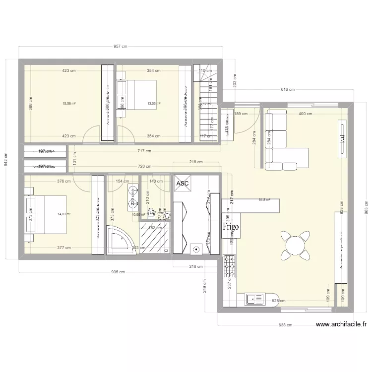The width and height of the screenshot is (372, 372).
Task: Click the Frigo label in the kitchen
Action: point(231,227)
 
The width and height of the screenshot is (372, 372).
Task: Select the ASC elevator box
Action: point(182,184)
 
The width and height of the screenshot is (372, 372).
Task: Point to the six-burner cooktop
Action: point(230,266)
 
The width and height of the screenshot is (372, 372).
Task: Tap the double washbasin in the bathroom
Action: point(132,196)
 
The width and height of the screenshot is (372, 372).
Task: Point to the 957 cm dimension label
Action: point(121,47)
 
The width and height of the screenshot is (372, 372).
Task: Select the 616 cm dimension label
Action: point(288,90)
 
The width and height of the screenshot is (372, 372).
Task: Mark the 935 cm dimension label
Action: point(118,272)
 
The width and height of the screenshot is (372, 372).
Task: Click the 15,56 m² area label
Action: point(68,104)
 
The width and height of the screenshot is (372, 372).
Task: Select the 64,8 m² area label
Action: point(265,200)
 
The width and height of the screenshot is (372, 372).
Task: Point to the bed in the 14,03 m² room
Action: point(46,214)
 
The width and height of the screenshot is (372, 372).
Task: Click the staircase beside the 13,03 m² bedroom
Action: point(206,104)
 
